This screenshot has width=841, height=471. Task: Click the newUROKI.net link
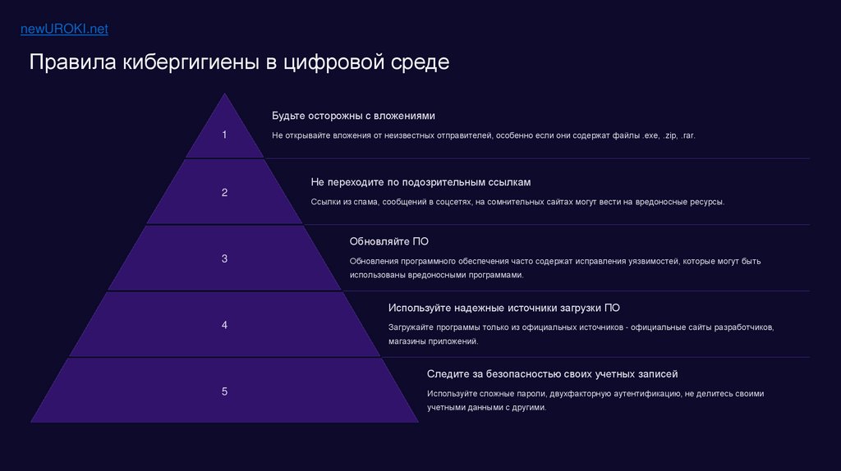64,30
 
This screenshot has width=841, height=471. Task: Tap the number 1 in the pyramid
224,135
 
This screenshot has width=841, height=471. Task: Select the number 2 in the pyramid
224,193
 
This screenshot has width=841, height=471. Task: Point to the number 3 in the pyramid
224,258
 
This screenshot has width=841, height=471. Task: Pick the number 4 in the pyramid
224,325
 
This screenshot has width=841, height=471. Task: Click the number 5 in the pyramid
224,391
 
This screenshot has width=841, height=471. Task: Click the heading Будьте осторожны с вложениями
353,116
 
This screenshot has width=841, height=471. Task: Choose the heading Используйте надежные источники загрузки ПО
503,308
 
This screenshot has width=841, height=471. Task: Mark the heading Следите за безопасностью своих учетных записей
552,374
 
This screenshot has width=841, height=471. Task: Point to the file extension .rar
687,135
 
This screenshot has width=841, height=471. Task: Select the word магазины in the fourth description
408,341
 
